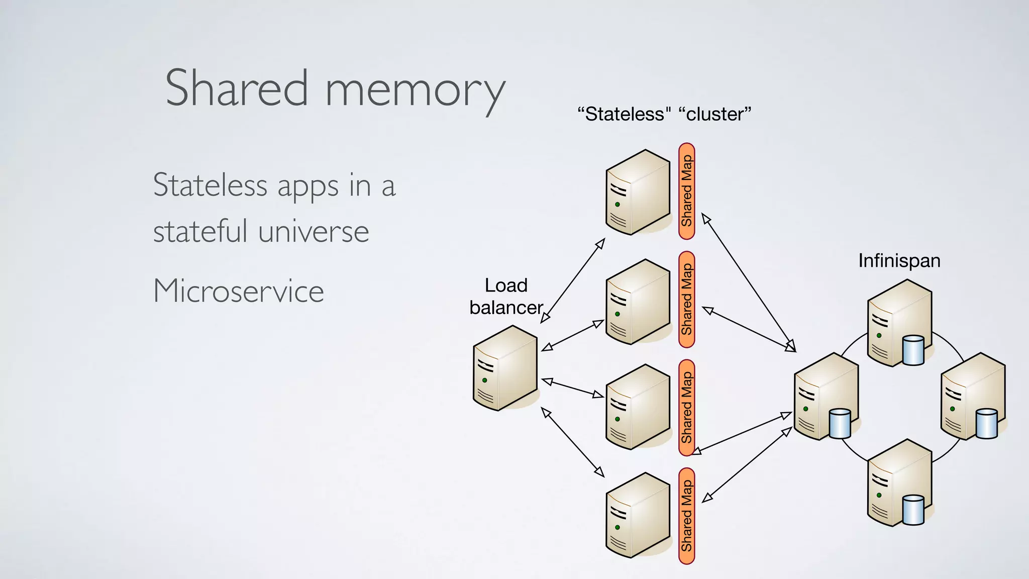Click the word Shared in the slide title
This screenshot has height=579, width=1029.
(x=236, y=88)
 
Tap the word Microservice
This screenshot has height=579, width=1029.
(x=239, y=291)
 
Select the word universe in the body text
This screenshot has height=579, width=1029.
(x=314, y=232)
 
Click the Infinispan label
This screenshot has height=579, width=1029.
(x=899, y=261)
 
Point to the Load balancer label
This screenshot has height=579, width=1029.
(x=506, y=297)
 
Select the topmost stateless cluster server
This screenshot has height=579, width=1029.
(x=638, y=192)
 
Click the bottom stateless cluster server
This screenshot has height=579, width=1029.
(x=638, y=516)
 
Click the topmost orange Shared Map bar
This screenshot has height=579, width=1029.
(x=686, y=191)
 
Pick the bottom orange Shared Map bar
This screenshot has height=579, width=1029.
(x=686, y=516)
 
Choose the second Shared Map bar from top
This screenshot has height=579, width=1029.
(x=686, y=300)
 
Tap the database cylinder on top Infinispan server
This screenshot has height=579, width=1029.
(x=913, y=350)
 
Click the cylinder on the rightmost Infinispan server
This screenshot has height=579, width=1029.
(x=986, y=424)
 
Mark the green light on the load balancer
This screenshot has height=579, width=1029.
(x=485, y=380)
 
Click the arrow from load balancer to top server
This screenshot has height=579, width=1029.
(x=572, y=280)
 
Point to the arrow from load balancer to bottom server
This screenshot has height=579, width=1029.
(x=572, y=442)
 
